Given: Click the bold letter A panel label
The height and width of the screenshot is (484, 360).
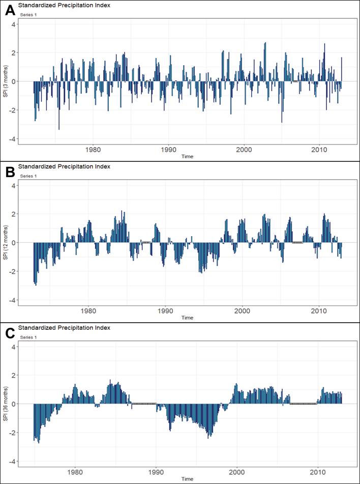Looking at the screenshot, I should coord(9,10).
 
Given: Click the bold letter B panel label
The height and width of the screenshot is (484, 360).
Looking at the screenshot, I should coord(9,172).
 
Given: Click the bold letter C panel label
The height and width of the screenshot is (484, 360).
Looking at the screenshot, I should coord(9,333).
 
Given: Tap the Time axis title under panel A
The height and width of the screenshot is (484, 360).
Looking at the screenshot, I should coord(187,157).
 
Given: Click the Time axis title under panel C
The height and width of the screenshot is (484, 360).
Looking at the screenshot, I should coord(187,479).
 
